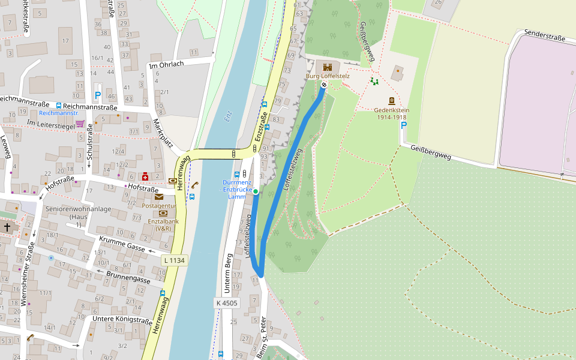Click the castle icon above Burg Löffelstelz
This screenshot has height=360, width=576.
[328, 67]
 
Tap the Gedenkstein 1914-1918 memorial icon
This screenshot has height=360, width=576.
[392, 101]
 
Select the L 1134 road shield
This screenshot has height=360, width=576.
[174, 260]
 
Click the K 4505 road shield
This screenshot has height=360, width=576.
[226, 303]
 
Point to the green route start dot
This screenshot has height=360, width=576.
[256, 191]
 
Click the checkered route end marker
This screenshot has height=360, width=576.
[324, 85]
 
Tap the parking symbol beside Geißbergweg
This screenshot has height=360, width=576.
[404, 125]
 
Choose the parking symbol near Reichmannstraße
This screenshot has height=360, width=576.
[97, 95]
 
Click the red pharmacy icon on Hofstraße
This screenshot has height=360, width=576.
[145, 176]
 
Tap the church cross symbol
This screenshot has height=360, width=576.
[7, 227]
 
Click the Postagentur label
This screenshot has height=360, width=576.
[158, 205]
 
